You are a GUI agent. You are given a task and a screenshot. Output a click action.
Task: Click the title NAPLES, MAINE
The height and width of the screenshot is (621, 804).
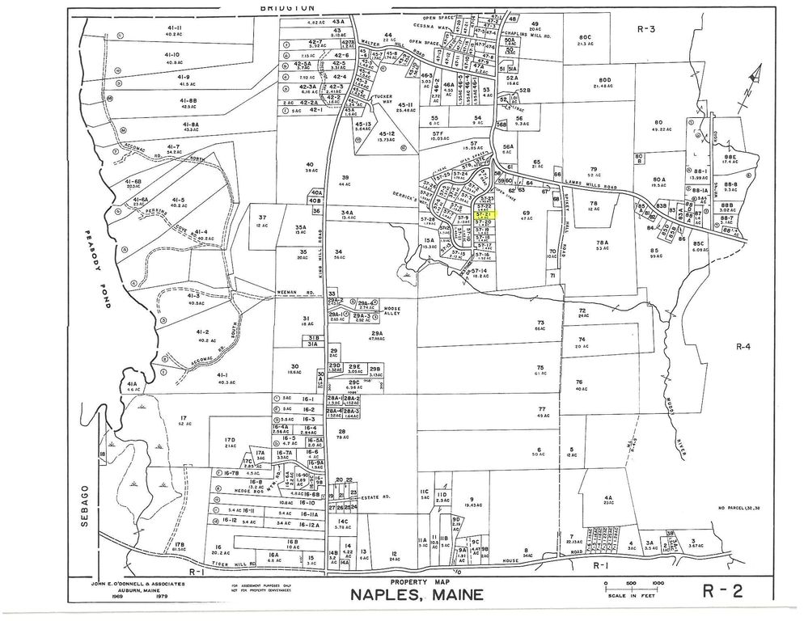click(x=416, y=596)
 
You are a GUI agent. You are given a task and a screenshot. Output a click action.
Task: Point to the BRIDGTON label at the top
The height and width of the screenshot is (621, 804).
click(x=288, y=6)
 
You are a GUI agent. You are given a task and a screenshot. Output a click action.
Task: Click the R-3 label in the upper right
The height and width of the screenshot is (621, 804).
click(x=645, y=28)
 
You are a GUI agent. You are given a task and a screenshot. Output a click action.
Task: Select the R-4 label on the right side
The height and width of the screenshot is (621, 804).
click(x=743, y=346)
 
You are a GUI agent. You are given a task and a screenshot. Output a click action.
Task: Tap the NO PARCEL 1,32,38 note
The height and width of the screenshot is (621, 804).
click(x=743, y=508)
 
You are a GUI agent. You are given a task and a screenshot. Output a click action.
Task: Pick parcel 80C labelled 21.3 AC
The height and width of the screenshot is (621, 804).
click(x=586, y=39)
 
